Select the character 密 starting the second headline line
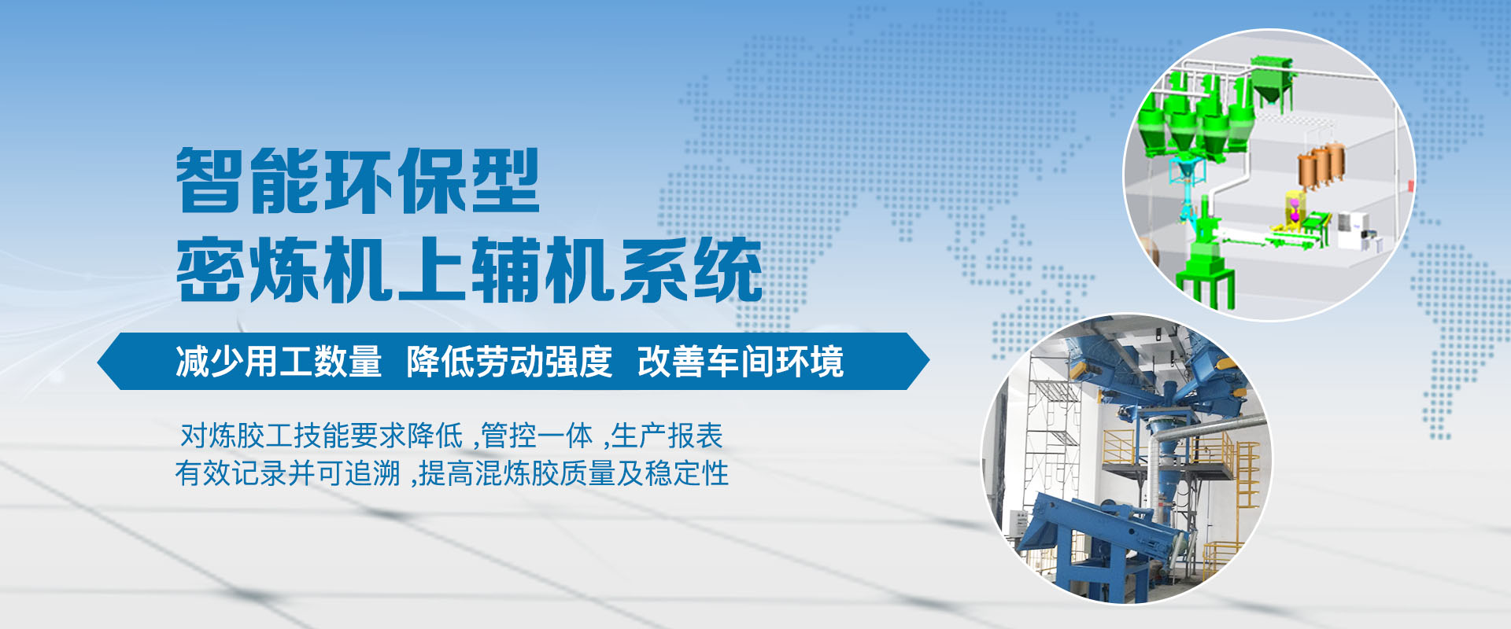tap(209, 270)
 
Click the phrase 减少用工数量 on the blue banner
tap(279, 362)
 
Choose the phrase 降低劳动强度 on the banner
tap(509, 362)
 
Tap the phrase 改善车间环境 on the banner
tap(741, 362)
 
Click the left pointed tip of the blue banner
tap(98, 362)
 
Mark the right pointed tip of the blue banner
tap(929, 362)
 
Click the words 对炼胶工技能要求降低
tap(321, 435)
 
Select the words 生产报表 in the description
tap(667, 435)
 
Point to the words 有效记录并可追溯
tap(287, 473)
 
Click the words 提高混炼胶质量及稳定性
tap(574, 473)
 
